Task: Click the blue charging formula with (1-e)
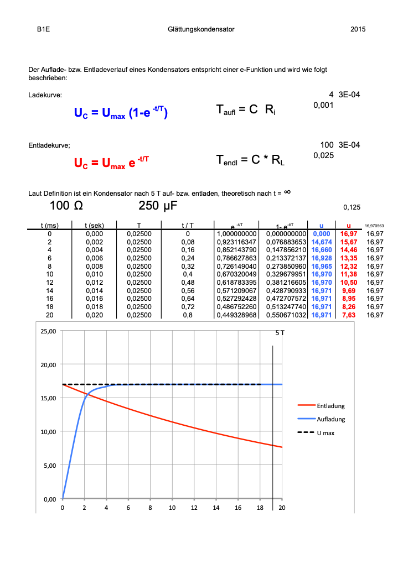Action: click(x=121, y=113)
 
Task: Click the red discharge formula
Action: click(x=111, y=163)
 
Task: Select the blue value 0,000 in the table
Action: click(x=321, y=234)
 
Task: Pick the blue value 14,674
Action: click(x=321, y=242)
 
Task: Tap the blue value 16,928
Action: click(x=321, y=258)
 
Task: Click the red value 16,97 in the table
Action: click(x=349, y=234)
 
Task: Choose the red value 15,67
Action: click(x=349, y=242)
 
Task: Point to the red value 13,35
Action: click(x=349, y=258)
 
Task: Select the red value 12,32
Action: click(x=349, y=267)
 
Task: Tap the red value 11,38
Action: click(x=349, y=274)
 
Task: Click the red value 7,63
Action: click(x=349, y=315)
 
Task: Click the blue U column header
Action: click(x=321, y=226)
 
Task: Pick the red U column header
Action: click(x=349, y=226)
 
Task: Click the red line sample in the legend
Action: click(x=307, y=405)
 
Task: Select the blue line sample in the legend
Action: click(x=307, y=419)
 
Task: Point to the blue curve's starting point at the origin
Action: click(x=63, y=498)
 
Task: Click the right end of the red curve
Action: click(x=282, y=447)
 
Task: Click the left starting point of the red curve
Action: click(x=64, y=385)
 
